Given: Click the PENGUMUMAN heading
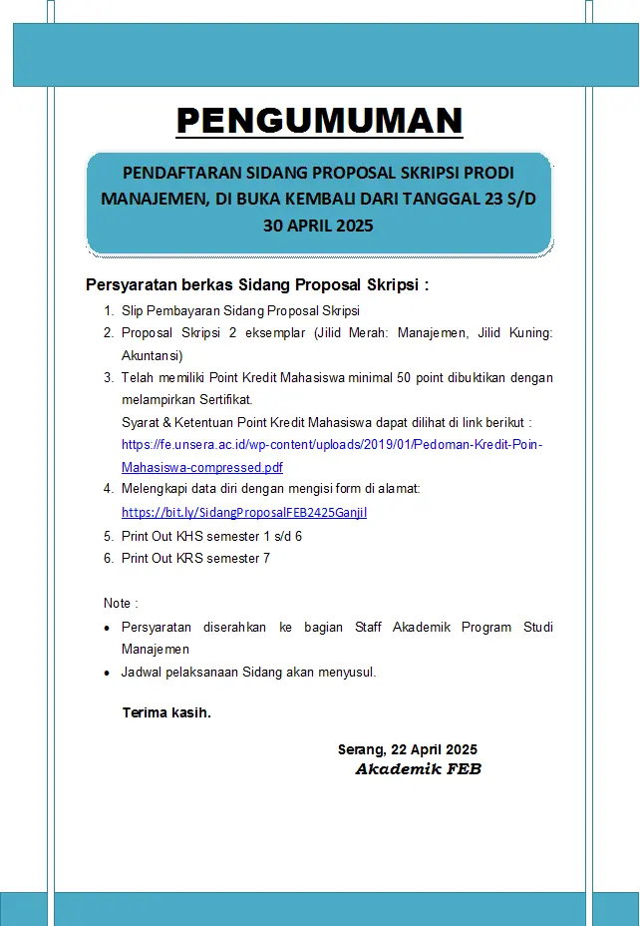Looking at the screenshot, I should [320, 121].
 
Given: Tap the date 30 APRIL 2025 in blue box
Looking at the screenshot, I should [318, 226].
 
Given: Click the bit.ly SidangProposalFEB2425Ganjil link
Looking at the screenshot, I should [244, 512].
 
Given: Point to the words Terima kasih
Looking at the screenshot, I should [166, 712].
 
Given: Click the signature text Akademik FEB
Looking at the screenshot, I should [418, 769].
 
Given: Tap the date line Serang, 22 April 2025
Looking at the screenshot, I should [408, 749].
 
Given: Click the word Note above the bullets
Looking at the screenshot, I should [119, 604].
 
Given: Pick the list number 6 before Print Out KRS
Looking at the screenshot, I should [108, 558].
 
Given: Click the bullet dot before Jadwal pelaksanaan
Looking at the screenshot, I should [108, 674].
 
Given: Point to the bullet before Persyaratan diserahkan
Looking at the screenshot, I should [108, 629].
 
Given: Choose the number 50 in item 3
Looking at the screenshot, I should [380, 377].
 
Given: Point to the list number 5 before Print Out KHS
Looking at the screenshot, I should [108, 536].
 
